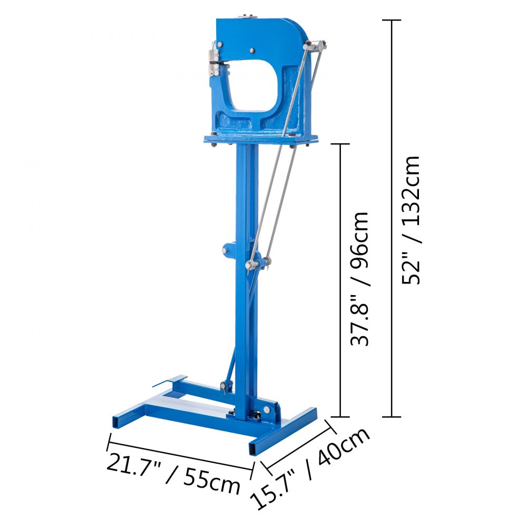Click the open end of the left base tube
pos(117,422)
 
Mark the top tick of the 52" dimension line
pos(391,21)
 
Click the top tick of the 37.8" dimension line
pos(340,143)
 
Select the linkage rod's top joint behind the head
pos(318,46)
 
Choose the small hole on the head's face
pos(251,51)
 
